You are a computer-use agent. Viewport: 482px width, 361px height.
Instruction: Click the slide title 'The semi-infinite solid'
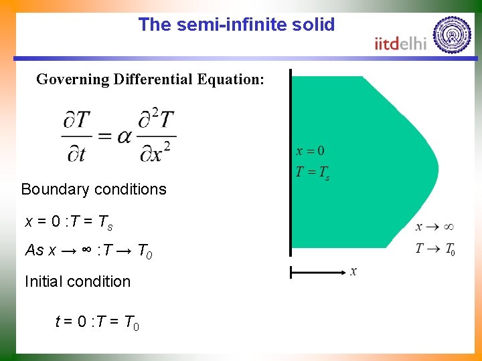click(236, 25)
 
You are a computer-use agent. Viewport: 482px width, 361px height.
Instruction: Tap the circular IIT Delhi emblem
click(452, 34)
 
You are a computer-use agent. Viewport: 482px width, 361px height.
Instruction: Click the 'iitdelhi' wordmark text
click(400, 44)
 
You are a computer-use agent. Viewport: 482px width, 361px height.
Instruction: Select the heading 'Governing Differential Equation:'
click(150, 80)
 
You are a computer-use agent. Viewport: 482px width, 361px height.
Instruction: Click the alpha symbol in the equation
click(124, 136)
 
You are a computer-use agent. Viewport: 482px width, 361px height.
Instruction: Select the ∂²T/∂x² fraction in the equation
click(157, 136)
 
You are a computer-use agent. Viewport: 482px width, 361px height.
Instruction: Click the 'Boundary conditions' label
click(94, 189)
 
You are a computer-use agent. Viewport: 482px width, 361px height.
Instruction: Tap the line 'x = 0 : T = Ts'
click(68, 221)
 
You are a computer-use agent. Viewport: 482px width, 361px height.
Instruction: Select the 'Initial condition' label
click(78, 281)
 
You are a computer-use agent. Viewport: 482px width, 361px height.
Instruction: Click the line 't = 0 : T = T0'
click(97, 323)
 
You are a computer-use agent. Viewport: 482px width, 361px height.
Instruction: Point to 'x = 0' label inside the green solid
click(310, 151)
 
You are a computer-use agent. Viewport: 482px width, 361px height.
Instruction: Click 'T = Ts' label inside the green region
click(312, 173)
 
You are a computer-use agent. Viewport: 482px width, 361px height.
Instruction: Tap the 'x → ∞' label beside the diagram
click(435, 227)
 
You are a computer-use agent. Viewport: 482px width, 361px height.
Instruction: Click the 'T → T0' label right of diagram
click(435, 249)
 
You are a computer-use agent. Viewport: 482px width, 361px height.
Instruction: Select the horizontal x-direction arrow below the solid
click(317, 272)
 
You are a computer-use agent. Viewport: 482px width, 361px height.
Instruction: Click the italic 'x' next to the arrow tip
click(353, 271)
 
